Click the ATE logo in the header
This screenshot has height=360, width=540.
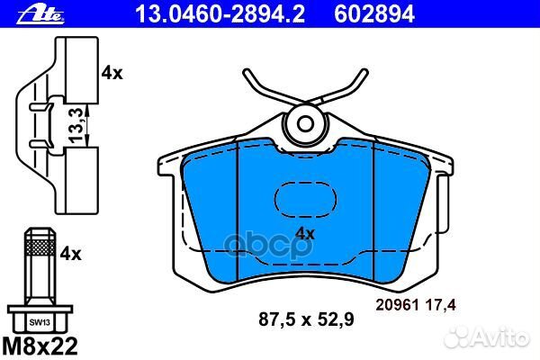[27, 13]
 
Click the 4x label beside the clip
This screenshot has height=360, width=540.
[112, 74]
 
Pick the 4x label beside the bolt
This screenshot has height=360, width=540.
[71, 256]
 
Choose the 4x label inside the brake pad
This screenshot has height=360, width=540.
[304, 233]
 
